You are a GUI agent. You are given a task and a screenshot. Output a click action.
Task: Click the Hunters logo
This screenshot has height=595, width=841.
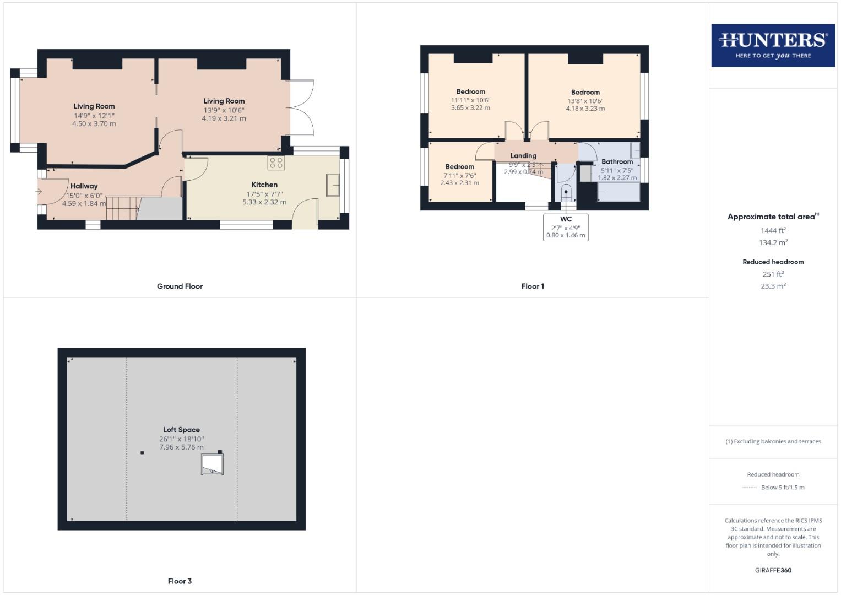773,45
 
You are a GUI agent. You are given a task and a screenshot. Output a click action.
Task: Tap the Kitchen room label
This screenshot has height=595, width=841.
264,185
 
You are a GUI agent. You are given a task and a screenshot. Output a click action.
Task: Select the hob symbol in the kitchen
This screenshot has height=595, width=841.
276,163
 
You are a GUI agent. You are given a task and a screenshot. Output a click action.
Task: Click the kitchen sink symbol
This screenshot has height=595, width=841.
333,185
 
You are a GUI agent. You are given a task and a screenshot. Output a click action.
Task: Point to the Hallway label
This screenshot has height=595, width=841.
84,186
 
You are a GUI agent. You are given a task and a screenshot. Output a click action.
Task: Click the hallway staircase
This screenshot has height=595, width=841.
121,208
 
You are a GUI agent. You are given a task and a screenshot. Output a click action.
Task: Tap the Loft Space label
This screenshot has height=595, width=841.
181,430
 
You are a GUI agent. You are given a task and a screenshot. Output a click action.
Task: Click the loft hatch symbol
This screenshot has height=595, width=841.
212,464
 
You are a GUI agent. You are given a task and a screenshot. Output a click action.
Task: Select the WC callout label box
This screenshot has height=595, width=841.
566,227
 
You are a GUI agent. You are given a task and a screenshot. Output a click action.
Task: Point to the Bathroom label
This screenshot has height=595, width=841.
617,161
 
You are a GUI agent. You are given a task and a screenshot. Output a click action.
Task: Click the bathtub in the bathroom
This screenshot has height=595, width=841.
618,192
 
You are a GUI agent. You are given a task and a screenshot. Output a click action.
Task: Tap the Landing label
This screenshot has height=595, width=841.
523,155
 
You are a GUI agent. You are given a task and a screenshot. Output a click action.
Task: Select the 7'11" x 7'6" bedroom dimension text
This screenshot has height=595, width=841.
459,176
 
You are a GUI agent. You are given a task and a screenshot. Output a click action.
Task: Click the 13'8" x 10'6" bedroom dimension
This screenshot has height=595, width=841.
585,101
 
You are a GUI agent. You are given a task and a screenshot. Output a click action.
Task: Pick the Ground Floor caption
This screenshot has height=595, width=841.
180,286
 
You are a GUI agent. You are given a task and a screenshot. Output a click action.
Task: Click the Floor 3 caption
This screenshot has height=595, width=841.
180,581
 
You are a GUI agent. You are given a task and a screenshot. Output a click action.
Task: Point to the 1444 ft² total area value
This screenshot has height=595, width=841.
773,231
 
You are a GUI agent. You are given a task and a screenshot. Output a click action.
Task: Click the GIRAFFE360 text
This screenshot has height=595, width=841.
773,570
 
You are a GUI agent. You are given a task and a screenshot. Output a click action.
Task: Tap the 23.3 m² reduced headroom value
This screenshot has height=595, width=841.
773,286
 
